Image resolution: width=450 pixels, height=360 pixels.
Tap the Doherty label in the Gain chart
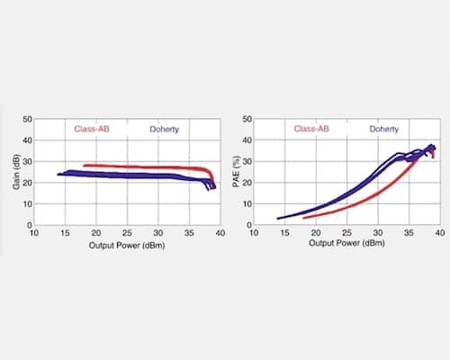pyautogui.click(x=164, y=130)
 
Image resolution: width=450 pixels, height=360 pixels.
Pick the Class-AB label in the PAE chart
pyautogui.click(x=312, y=130)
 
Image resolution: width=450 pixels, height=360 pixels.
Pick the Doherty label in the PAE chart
pyautogui.click(x=384, y=130)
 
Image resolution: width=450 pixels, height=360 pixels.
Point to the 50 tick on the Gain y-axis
pyautogui.click(x=27, y=119)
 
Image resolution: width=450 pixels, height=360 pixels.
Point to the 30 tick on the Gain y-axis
pyautogui.click(x=27, y=161)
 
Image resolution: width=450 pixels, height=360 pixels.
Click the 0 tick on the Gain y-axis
pyautogui.click(x=30, y=225)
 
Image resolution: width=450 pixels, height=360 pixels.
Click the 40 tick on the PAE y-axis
pyautogui.click(x=247, y=140)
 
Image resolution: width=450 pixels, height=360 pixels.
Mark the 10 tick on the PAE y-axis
pyautogui.click(x=247, y=204)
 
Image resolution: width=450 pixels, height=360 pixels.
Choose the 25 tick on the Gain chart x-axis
pyautogui.click(x=127, y=233)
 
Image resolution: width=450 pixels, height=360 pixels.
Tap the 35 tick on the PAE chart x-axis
pyautogui.click(x=409, y=233)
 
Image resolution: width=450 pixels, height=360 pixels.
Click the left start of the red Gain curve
pyautogui.click(x=84, y=166)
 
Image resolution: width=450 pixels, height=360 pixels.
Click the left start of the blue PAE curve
pyautogui.click(x=278, y=218)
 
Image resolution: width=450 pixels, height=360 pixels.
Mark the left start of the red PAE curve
pyautogui.click(x=303, y=217)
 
